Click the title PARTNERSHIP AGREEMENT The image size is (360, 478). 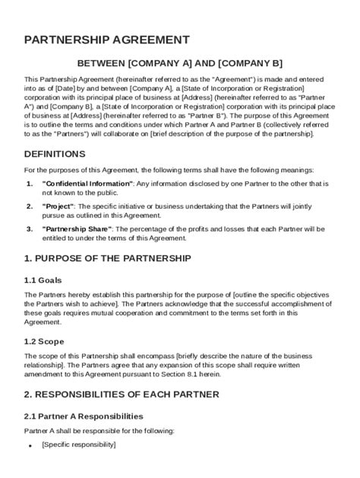point(107,39)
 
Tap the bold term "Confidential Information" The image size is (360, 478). point(87,184)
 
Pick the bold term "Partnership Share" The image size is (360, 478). point(77,228)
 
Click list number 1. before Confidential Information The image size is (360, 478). point(30,184)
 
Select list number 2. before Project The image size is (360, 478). point(30,206)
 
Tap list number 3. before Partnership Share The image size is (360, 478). point(30,228)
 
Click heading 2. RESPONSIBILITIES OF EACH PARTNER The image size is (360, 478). point(122,394)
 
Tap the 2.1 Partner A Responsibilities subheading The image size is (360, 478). point(84,416)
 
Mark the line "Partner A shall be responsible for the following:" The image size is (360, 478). point(99,430)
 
